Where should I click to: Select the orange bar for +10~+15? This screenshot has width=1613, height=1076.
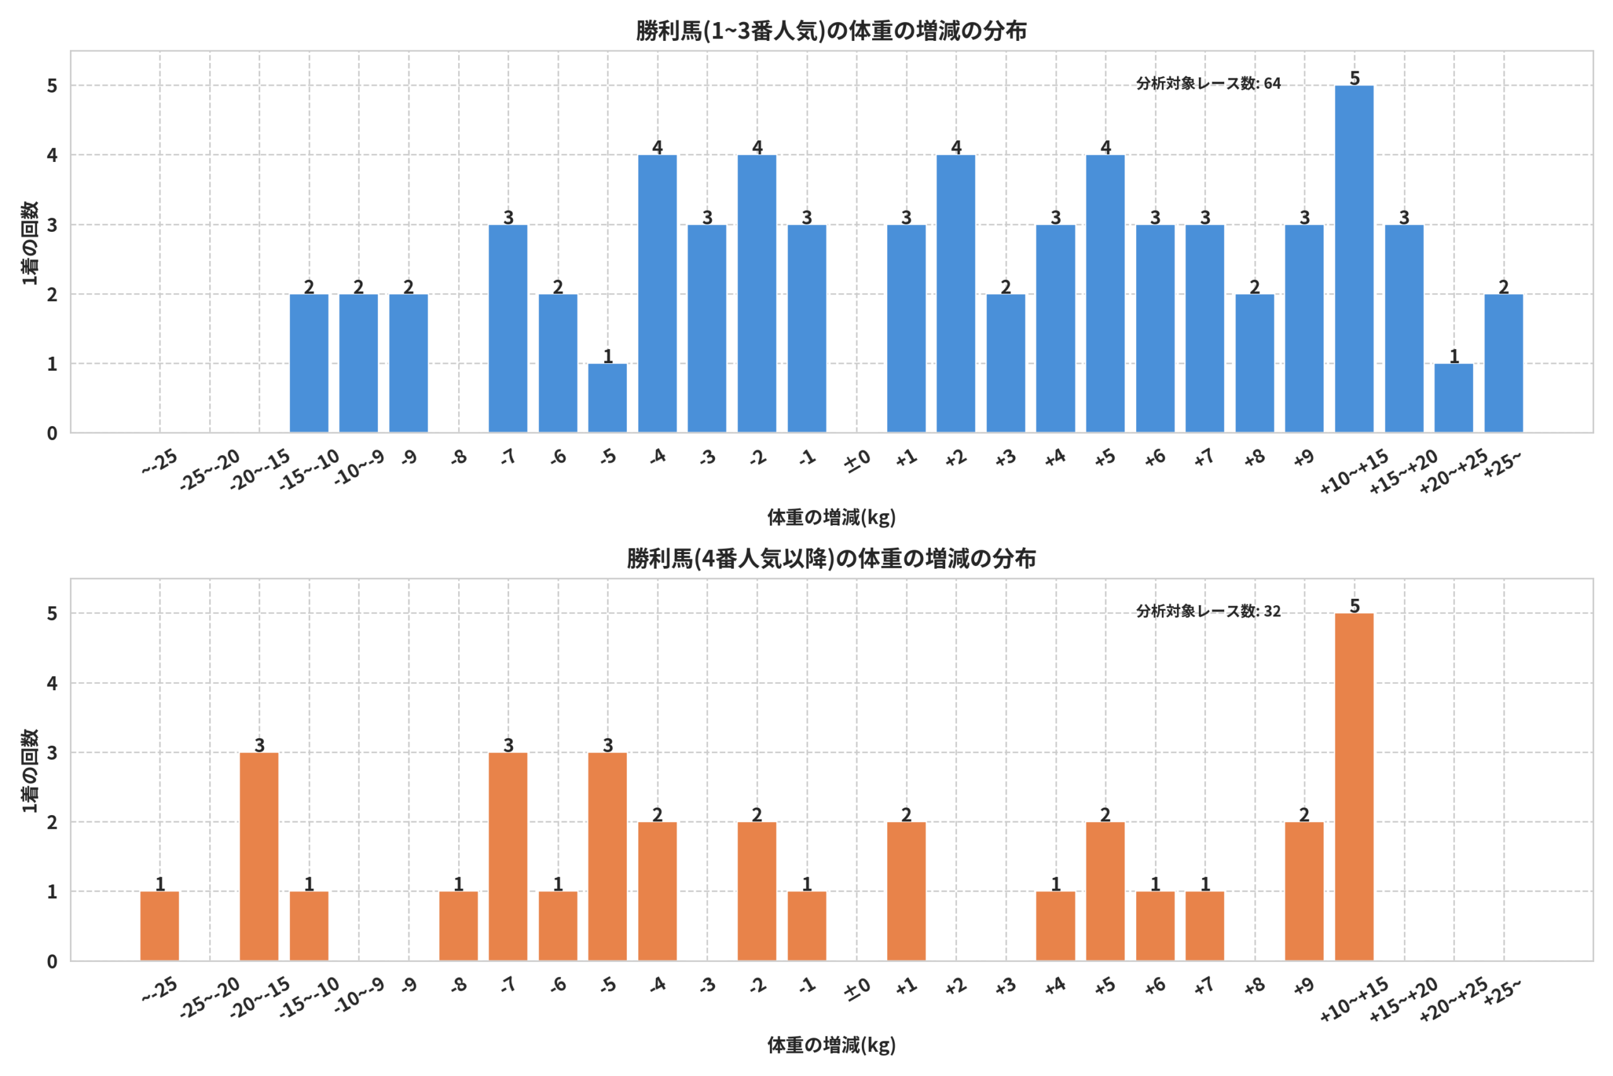coord(1354,787)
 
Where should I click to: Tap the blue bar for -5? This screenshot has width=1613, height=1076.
coord(607,398)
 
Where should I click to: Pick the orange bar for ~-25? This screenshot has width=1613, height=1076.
coord(159,926)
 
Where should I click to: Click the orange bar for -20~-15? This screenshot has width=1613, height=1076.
coord(259,857)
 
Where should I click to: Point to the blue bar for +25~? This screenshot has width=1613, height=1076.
coord(1503,363)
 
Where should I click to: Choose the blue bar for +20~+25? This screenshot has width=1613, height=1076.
coord(1453,398)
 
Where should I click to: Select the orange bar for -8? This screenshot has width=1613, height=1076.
coord(458,926)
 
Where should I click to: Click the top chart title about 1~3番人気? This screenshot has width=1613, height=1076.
coord(831,31)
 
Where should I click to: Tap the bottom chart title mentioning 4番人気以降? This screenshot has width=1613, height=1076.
coord(831,558)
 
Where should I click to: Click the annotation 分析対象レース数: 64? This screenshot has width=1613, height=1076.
coord(1208,84)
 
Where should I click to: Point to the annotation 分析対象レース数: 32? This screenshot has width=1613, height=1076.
coord(1208,611)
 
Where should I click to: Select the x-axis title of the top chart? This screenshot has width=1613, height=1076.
coord(831,518)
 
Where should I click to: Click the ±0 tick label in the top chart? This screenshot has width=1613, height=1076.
coord(858,460)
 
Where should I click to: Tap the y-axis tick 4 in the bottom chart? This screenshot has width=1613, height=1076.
coord(52,683)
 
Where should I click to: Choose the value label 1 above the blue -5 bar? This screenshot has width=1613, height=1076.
coord(607,356)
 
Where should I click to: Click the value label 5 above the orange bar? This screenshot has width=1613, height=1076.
coord(1355,605)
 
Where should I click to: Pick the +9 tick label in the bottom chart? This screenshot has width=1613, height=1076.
coord(1304,986)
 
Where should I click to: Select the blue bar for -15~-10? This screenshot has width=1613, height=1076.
coord(309,363)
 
